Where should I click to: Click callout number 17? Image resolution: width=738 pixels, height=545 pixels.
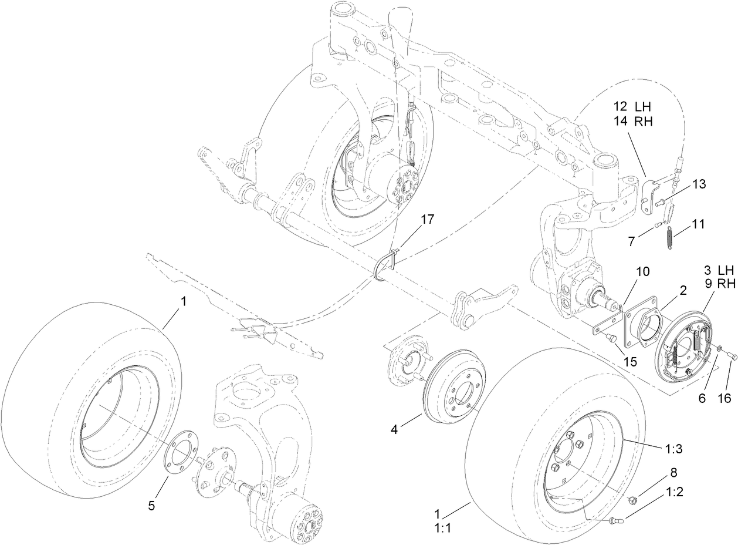(x=427, y=219)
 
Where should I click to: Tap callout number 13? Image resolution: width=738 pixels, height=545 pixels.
(x=698, y=184)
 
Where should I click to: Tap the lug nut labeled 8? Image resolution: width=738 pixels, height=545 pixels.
(x=634, y=500)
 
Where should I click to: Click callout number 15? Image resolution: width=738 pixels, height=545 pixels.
(x=629, y=362)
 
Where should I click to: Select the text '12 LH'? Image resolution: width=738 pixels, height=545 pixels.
(x=633, y=107)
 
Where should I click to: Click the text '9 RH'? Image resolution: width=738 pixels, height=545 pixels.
(x=719, y=284)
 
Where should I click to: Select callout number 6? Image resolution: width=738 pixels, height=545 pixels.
(x=702, y=397)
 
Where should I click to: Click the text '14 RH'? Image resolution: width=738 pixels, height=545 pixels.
(x=633, y=122)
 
